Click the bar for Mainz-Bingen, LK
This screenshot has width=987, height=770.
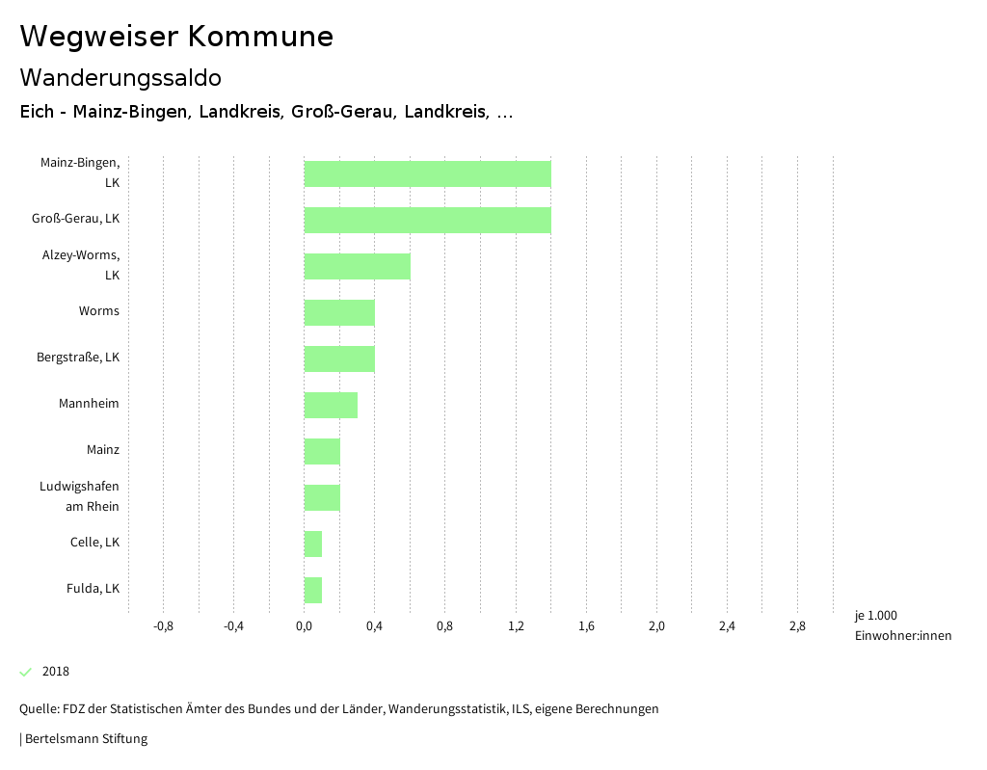[427, 173]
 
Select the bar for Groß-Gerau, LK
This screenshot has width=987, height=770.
[427, 220]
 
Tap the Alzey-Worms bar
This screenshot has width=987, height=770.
[357, 266]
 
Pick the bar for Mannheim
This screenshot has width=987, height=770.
[331, 405]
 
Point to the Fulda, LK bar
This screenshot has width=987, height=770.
[313, 590]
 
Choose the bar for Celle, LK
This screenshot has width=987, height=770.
[313, 544]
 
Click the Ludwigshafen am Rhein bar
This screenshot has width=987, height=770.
[322, 497]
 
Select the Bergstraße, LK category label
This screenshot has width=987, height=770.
[78, 358]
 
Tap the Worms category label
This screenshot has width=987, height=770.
[99, 311]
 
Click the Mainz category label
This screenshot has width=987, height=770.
[103, 450]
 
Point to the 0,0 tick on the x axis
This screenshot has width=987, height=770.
[304, 626]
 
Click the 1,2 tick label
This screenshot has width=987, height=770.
[516, 626]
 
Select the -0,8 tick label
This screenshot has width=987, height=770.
[163, 626]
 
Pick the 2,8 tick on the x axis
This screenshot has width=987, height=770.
[797, 626]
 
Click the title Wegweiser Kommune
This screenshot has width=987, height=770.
[176, 37]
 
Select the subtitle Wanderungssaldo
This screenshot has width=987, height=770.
[120, 77]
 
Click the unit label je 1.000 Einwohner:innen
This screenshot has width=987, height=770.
[902, 625]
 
